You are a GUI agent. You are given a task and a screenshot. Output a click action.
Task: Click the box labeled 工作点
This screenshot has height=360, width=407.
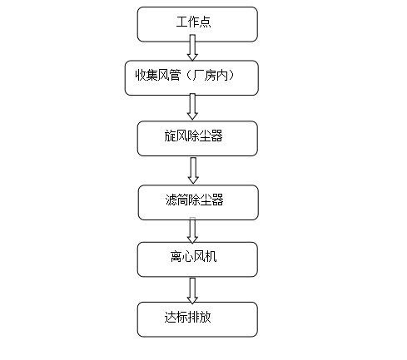click(197, 24)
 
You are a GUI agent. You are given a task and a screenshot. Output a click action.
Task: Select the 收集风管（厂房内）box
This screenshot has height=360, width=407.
click(191, 78)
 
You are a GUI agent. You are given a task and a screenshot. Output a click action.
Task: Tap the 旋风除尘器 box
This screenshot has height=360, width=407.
click(197, 138)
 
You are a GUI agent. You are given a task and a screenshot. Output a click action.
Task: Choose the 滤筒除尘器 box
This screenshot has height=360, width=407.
click(198, 203)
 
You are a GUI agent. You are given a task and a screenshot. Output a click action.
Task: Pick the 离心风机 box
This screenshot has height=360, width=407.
click(197, 259)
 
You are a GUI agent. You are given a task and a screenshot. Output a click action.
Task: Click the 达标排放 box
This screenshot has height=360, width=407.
click(197, 319)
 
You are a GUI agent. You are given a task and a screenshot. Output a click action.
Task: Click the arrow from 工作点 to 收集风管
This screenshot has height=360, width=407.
click(192, 47)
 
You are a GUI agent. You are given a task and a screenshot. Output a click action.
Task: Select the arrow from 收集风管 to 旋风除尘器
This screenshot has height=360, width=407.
click(192, 106)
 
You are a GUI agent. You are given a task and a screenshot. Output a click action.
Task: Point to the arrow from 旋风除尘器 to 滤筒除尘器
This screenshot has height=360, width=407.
click(193, 170)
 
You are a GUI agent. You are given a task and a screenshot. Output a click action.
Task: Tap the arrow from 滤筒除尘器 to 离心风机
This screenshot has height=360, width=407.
click(192, 230)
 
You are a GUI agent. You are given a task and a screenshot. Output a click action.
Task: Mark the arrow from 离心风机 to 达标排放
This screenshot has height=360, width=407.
click(192, 291)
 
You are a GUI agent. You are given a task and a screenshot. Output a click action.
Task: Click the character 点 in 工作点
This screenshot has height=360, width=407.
click(205, 22)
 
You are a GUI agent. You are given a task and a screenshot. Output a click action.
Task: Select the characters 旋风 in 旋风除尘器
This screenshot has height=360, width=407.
click(176, 136)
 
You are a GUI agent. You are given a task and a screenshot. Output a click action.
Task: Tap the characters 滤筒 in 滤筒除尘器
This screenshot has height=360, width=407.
click(176, 200)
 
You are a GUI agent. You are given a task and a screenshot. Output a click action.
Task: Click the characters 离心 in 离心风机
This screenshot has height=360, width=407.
click(181, 257)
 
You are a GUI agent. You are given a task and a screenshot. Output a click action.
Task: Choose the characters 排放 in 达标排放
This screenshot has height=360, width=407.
click(200, 317)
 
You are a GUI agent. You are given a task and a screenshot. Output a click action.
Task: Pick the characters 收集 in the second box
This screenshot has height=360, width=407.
click(146, 75)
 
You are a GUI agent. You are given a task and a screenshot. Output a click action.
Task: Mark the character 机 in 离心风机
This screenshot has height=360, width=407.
click(211, 257)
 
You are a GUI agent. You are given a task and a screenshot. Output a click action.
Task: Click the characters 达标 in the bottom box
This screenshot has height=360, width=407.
click(176, 317)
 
